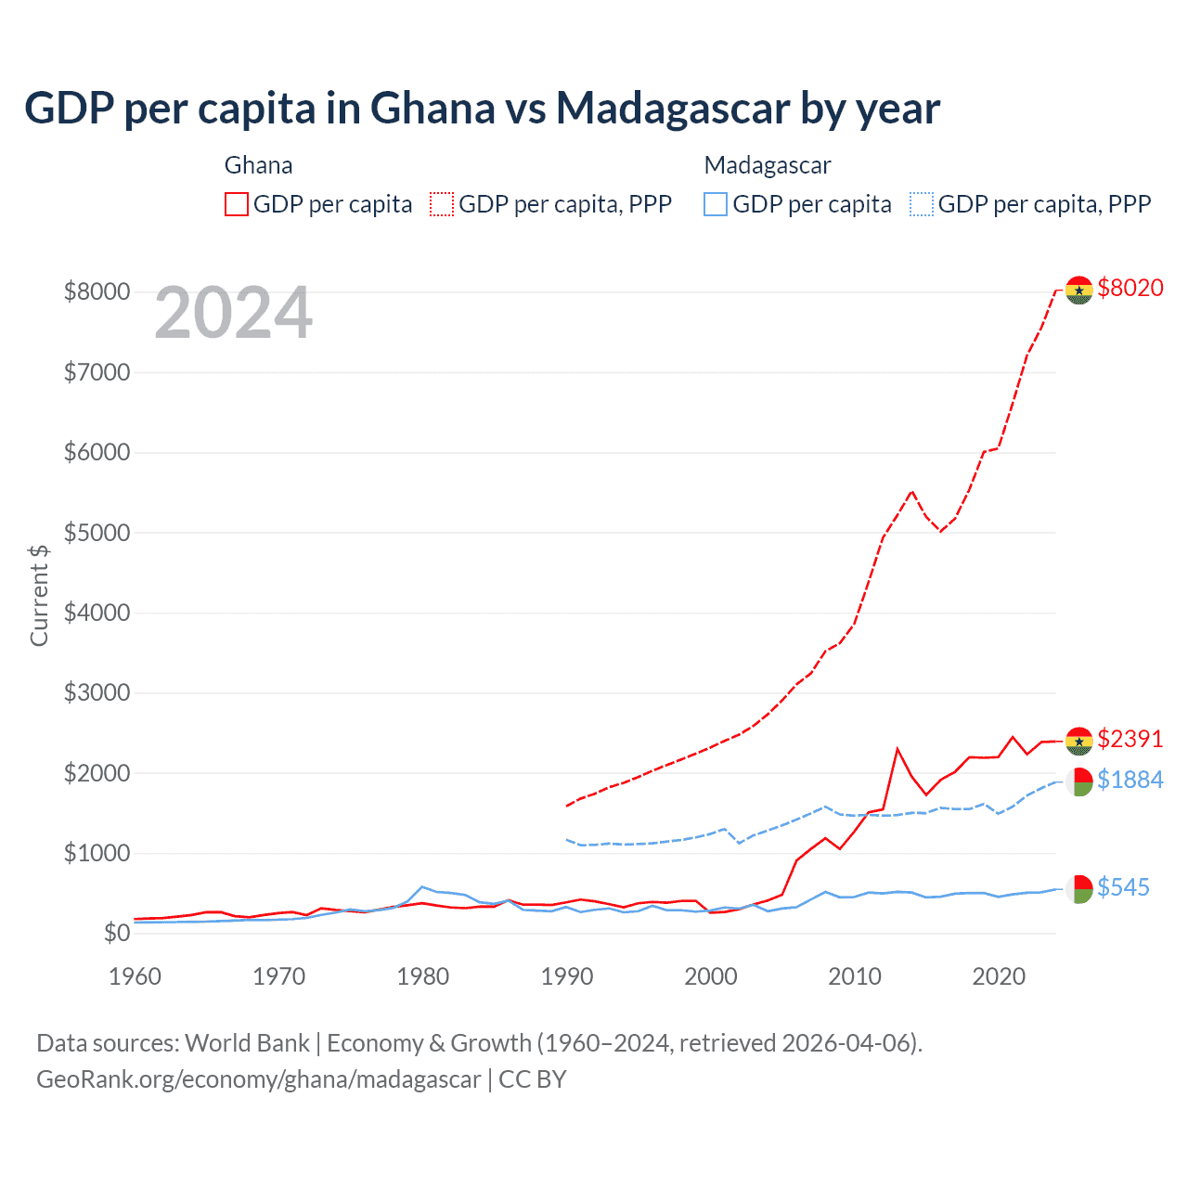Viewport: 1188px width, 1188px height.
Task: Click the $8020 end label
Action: (1130, 289)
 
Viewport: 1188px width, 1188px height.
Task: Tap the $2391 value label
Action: (1130, 740)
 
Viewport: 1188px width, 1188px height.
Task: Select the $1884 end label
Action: (1130, 781)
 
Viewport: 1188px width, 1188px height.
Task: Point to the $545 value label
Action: (1123, 888)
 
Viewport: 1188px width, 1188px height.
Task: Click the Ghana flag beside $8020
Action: (1078, 290)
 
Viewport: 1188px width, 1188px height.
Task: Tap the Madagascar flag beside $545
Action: (1078, 889)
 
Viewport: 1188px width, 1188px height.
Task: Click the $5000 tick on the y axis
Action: (97, 533)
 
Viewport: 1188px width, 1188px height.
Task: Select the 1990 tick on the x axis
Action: (566, 976)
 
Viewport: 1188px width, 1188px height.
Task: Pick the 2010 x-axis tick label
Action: (854, 976)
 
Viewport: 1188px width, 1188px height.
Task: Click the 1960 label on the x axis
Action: (136, 976)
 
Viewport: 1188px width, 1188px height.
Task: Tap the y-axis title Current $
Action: (39, 595)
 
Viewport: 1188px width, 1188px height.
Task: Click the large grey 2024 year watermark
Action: (233, 313)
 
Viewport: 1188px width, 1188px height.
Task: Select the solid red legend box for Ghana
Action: (237, 204)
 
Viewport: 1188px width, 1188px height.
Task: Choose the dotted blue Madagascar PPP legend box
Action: (922, 204)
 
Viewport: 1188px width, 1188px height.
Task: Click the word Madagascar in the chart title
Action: (672, 109)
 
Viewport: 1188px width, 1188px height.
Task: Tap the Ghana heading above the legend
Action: (258, 165)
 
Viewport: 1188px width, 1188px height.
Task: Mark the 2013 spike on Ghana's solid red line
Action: (897, 748)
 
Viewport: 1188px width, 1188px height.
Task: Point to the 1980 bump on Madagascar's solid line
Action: (422, 887)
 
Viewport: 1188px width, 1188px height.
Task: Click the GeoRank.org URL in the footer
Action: (258, 1079)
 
